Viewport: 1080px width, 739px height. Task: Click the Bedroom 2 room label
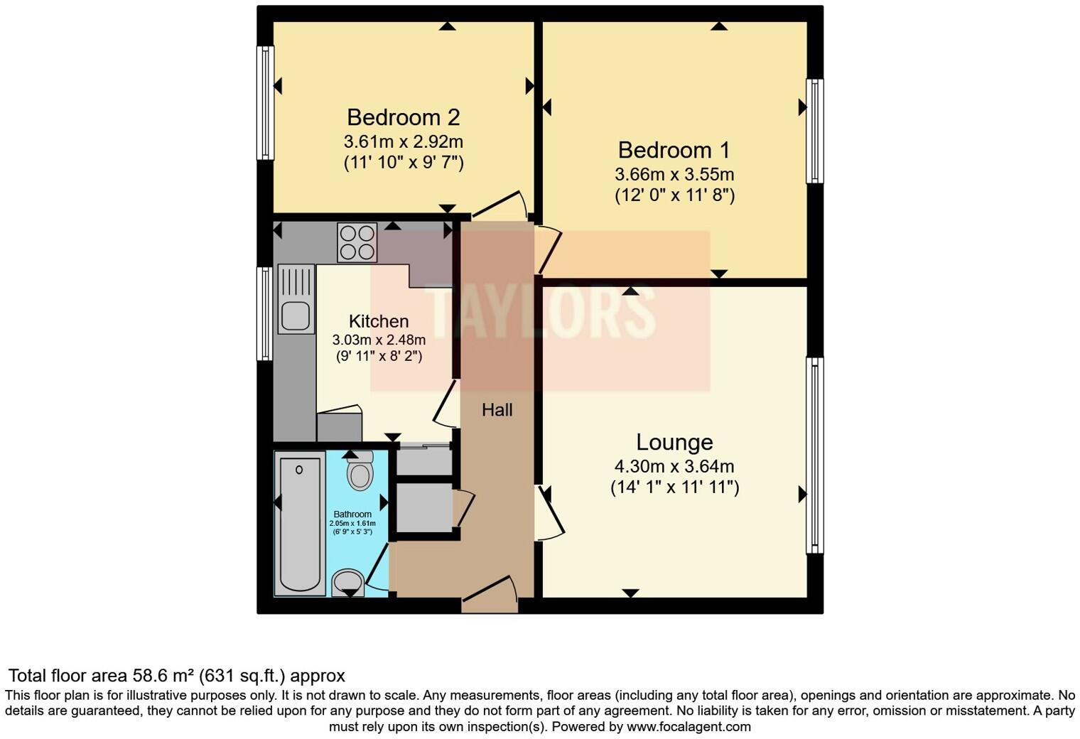pyautogui.click(x=403, y=117)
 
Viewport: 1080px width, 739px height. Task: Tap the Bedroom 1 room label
pyautogui.click(x=674, y=150)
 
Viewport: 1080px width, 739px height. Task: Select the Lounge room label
pyautogui.click(x=674, y=442)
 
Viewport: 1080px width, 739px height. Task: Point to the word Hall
pyautogui.click(x=497, y=409)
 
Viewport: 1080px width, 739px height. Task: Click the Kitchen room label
pyautogui.click(x=379, y=321)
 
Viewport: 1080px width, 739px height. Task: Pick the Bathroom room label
pyautogui.click(x=352, y=514)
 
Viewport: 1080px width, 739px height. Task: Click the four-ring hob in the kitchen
pyautogui.click(x=357, y=242)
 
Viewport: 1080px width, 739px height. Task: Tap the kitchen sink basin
pyautogui.click(x=295, y=315)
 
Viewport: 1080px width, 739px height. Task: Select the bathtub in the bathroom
pyautogui.click(x=299, y=524)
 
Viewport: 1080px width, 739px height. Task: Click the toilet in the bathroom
pyautogui.click(x=360, y=470)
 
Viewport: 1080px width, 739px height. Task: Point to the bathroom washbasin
pyautogui.click(x=348, y=583)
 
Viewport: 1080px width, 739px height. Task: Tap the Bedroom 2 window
pyautogui.click(x=265, y=103)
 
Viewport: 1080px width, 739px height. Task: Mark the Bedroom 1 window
pyautogui.click(x=815, y=131)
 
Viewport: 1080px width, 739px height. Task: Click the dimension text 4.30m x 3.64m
pyautogui.click(x=674, y=467)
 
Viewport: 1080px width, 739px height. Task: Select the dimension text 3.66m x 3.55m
pyautogui.click(x=674, y=174)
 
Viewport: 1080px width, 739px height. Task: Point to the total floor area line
pyautogui.click(x=176, y=675)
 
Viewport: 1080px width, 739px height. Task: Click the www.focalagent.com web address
pyautogui.click(x=688, y=727)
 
